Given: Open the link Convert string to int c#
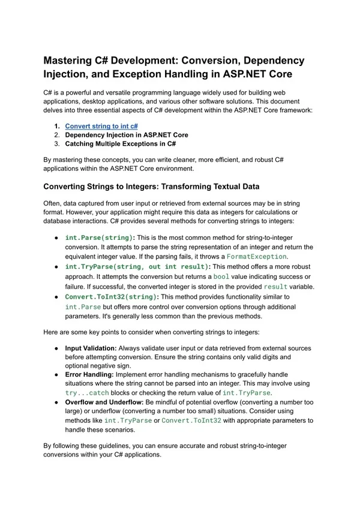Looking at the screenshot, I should pos(101,127).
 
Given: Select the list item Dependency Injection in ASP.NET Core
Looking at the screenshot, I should pos(127,135).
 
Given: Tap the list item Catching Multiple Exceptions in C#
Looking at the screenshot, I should pos(120,144).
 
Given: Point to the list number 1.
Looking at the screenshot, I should pos(56,127).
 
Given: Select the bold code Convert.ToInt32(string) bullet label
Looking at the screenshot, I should pos(111,296).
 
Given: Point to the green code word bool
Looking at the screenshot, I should pos(221,276).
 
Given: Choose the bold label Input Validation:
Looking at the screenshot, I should pos(91,348).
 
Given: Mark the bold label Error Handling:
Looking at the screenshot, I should pos(89,373).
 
